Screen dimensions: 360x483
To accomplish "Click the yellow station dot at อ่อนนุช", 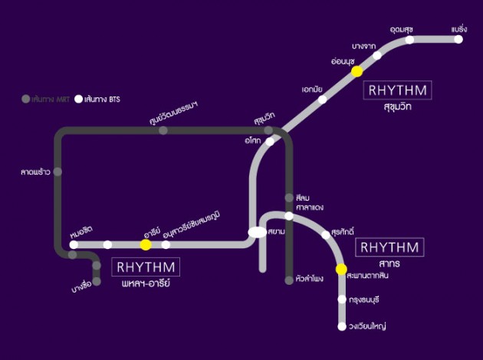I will point(356,71).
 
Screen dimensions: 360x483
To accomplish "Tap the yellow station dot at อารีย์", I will point(146,244).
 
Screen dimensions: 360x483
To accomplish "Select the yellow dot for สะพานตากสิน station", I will point(342,269).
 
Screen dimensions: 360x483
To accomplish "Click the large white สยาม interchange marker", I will point(257,232).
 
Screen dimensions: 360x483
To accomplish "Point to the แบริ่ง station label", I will point(458,28).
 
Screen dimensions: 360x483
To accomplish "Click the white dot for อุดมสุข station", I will point(410,40).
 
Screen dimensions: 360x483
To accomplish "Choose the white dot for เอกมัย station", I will point(323,99).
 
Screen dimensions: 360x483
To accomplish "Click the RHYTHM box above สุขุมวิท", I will point(398,90).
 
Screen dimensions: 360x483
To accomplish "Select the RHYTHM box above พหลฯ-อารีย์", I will point(146,268).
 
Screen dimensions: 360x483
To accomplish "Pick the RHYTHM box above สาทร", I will point(389,247).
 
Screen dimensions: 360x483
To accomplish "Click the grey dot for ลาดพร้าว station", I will point(58,172).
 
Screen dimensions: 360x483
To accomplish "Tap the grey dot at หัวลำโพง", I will point(289,280).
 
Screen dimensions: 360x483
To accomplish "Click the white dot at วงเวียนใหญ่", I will point(342,326).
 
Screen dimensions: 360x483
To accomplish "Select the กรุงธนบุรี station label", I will point(363,299).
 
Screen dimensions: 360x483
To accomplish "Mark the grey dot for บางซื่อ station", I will point(97,281).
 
